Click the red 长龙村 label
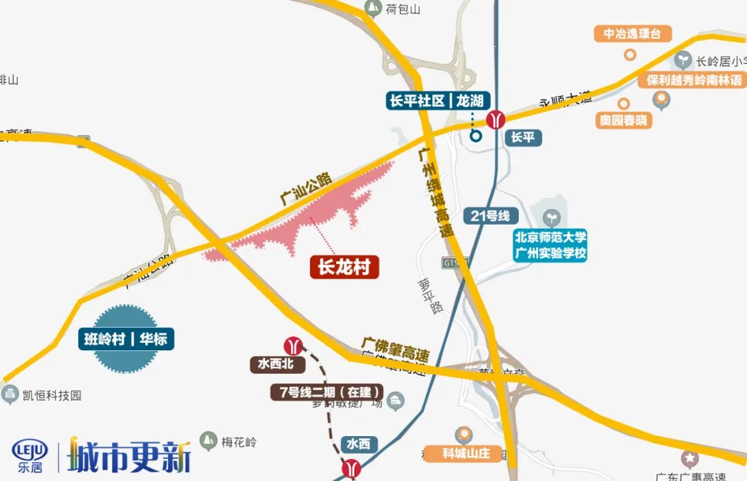tap(344, 267)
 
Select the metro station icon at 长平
tap(495, 120)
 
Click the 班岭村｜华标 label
tap(126, 339)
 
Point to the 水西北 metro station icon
tap(293, 345)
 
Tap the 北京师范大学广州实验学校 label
tap(551, 245)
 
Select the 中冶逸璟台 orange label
tap(632, 33)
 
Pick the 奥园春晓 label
tap(623, 120)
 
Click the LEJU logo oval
tap(30, 450)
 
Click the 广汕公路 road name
tap(306, 187)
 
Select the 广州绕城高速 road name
tap(435, 187)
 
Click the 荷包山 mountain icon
tap(373, 8)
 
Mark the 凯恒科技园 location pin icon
tap(10, 395)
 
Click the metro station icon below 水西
tap(352, 469)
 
